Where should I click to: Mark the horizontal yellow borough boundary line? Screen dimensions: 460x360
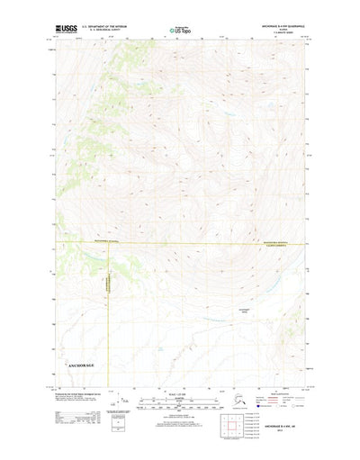point(180,243)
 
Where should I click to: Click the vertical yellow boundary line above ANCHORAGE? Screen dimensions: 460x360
point(112,297)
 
